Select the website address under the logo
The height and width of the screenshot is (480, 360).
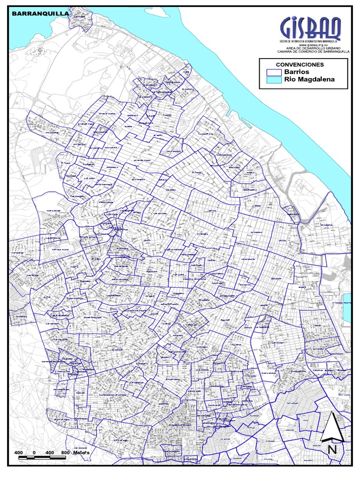[x=310, y=45]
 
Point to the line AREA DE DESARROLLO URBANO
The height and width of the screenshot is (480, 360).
[x=310, y=49]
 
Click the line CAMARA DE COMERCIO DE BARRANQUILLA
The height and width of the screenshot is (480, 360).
[x=310, y=52]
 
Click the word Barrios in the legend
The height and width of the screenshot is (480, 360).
[x=296, y=72]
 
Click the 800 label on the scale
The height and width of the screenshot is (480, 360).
[x=66, y=452]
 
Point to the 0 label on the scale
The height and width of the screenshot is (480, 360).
[x=35, y=452]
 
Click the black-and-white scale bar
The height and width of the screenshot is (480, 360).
[x=42, y=457]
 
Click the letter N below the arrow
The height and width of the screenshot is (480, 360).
[x=332, y=449]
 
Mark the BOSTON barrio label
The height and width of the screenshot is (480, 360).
[x=212, y=211]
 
